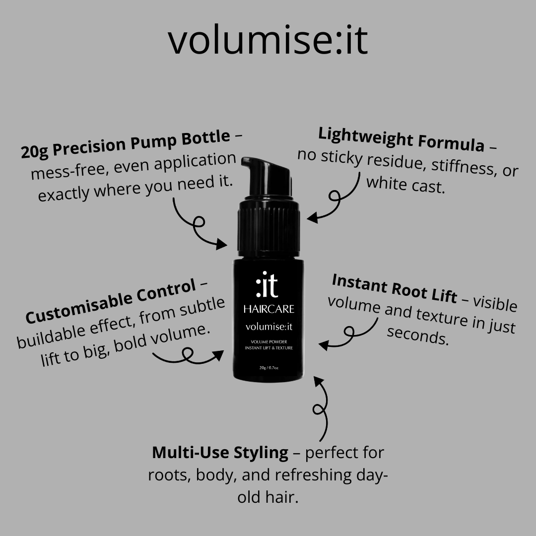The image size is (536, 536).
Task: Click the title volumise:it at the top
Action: pyautogui.click(x=268, y=40)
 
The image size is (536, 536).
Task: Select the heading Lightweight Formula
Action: pyautogui.click(x=402, y=139)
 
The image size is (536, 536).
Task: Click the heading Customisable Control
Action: pyautogui.click(x=110, y=301)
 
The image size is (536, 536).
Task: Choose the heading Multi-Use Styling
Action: pyautogui.click(x=220, y=453)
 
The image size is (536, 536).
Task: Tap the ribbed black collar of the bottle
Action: pyautogui.click(x=268, y=228)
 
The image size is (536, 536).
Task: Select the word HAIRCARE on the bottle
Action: pyautogui.click(x=268, y=309)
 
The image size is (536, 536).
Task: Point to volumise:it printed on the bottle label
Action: pyautogui.click(x=269, y=327)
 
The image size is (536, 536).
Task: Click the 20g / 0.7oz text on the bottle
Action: pyautogui.click(x=268, y=368)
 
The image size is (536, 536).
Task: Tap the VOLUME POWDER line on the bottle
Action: pyautogui.click(x=268, y=342)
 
